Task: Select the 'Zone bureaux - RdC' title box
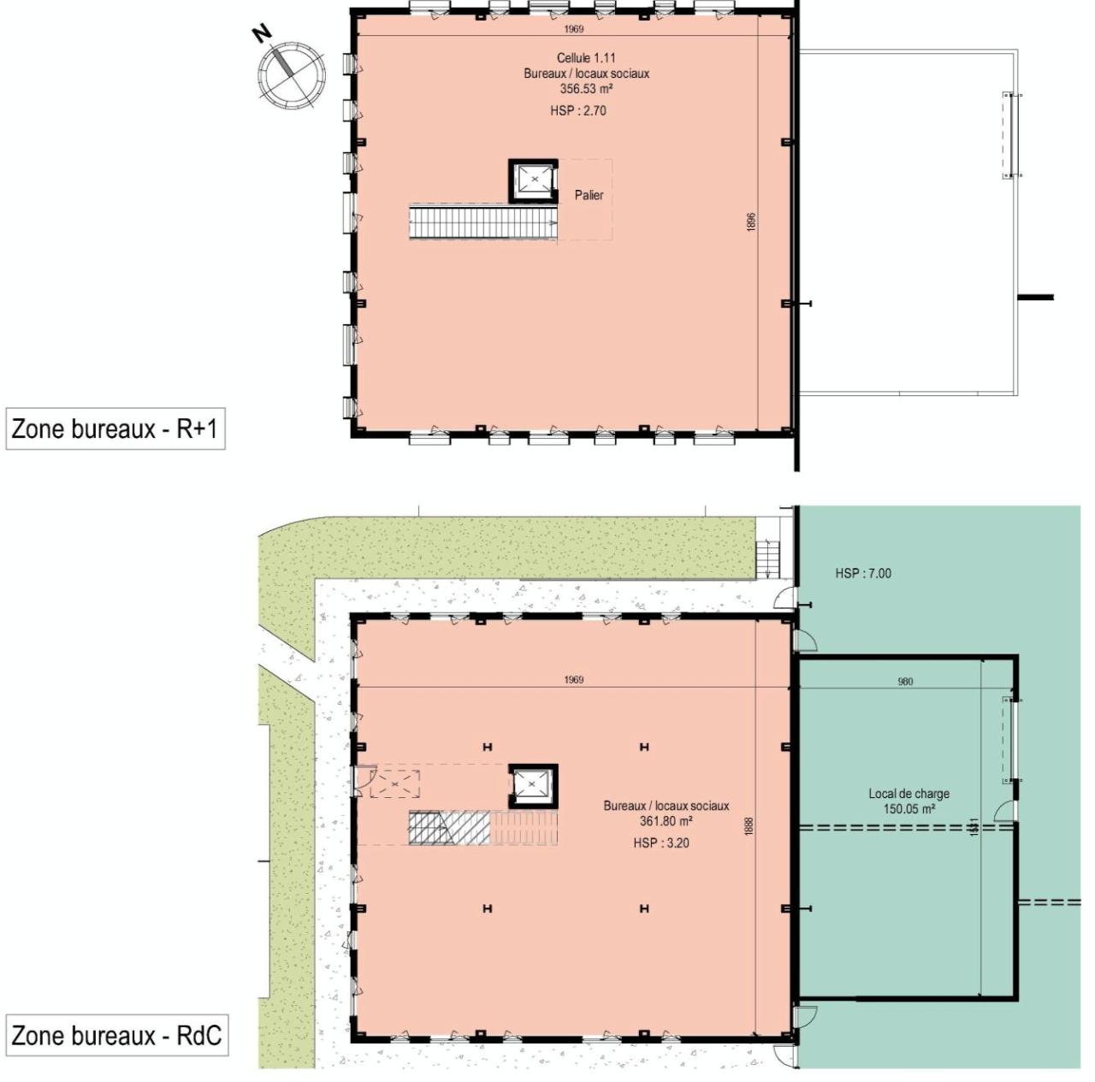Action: pos(116,1035)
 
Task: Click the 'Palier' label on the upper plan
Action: pos(589,195)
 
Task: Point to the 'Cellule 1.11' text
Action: pos(586,58)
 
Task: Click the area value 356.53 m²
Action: pos(586,88)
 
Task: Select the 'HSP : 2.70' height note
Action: pos(578,110)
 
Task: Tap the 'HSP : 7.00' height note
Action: pos(863,573)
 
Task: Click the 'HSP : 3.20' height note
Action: pos(661,843)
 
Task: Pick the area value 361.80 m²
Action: pos(666,820)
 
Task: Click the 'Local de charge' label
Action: pos(909,794)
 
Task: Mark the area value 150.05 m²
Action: pos(909,808)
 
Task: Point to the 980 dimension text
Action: pos(905,682)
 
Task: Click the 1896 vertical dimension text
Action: pos(751,222)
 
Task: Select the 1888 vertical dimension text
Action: pos(749,826)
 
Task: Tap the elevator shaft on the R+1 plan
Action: pos(534,180)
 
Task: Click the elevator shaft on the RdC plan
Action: pos(533,785)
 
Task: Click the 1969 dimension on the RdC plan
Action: pos(573,680)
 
